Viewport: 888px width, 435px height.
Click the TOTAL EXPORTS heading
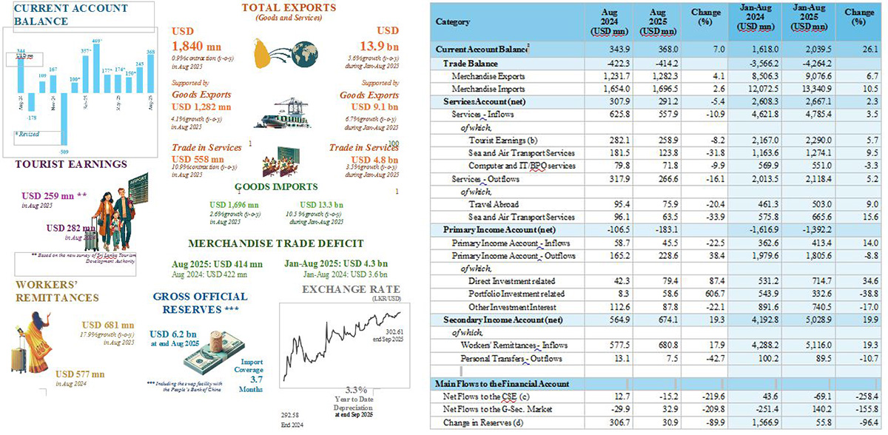click(x=288, y=8)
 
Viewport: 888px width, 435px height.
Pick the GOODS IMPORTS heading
click(x=276, y=187)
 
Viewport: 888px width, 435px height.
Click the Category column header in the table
click(x=452, y=22)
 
